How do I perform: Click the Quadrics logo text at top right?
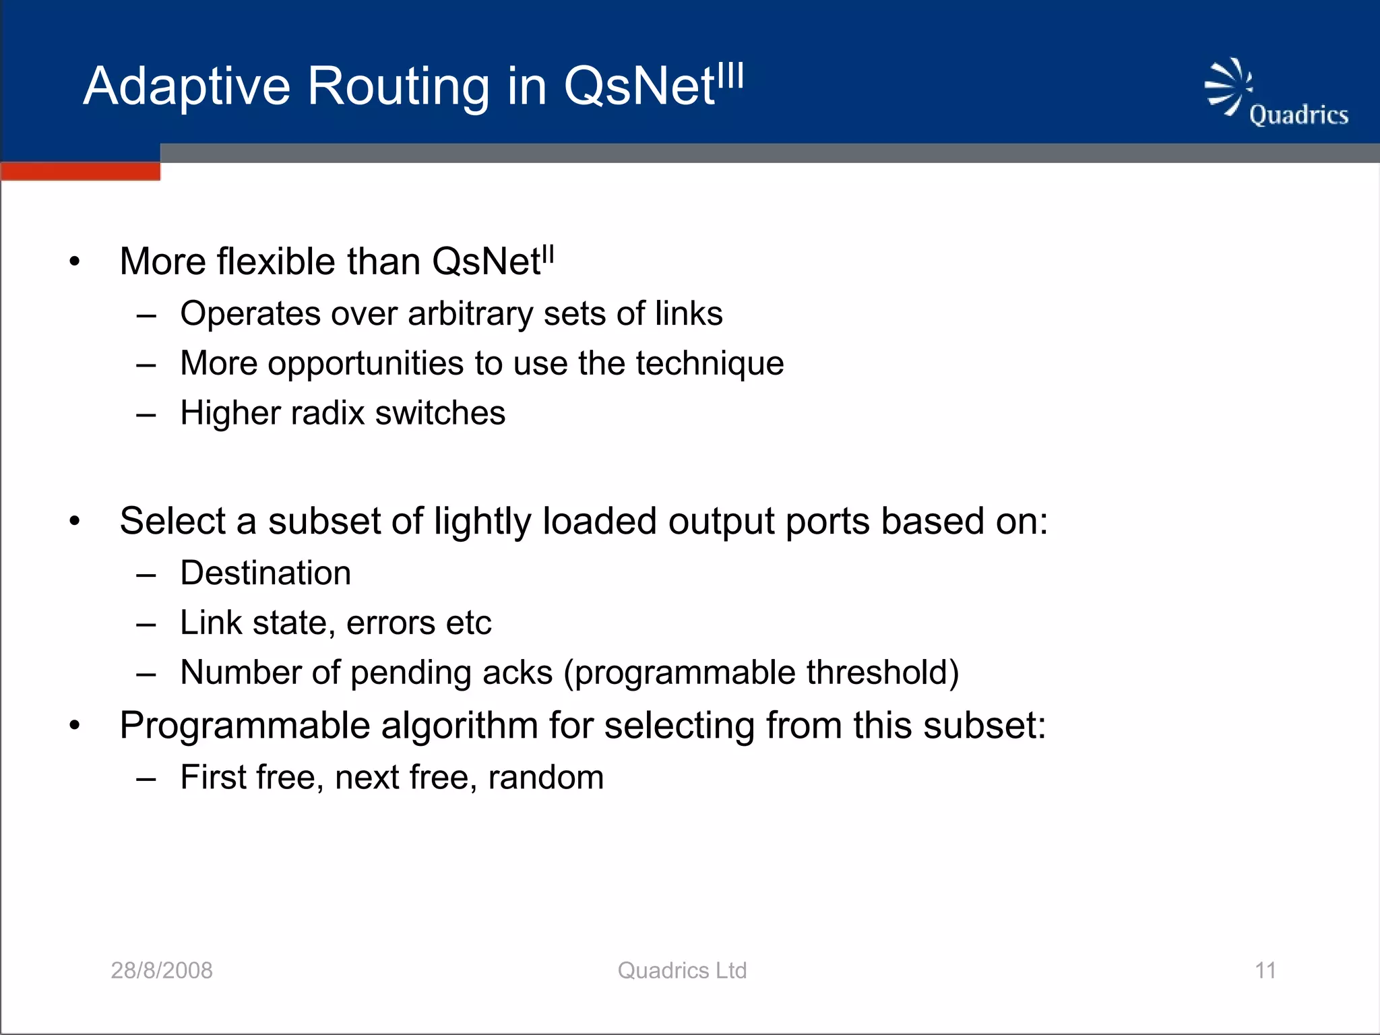click(1298, 115)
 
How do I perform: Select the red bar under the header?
click(80, 171)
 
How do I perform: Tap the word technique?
click(710, 364)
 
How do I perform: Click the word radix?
click(327, 413)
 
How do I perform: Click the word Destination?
click(265, 573)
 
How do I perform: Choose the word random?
click(546, 778)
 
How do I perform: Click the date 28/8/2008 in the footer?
click(162, 970)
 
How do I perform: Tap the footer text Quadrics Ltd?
click(682, 970)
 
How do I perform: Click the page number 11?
click(1265, 970)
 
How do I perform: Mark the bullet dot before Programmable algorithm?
click(75, 726)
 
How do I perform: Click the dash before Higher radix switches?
click(146, 414)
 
